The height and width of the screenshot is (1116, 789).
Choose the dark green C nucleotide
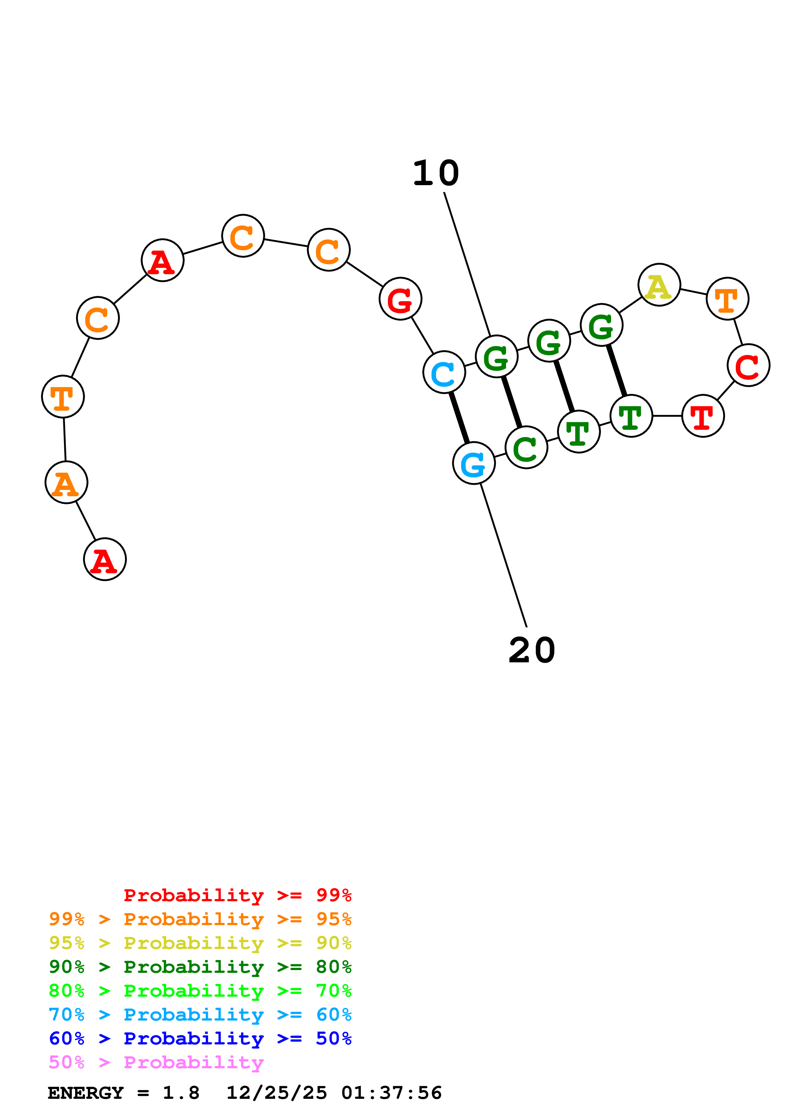526,447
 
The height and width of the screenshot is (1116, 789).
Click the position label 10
436,173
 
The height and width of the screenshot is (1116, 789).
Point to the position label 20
532,650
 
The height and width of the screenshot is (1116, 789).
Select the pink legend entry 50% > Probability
156,1062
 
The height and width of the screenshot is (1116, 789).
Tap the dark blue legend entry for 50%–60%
200,1038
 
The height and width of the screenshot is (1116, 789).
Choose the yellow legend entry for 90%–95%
200,943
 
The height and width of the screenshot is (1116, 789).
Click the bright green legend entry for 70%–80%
200,991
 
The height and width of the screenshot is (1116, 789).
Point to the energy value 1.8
181,1093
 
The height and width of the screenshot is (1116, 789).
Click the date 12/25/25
277,1093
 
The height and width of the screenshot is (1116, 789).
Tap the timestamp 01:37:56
391,1093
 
